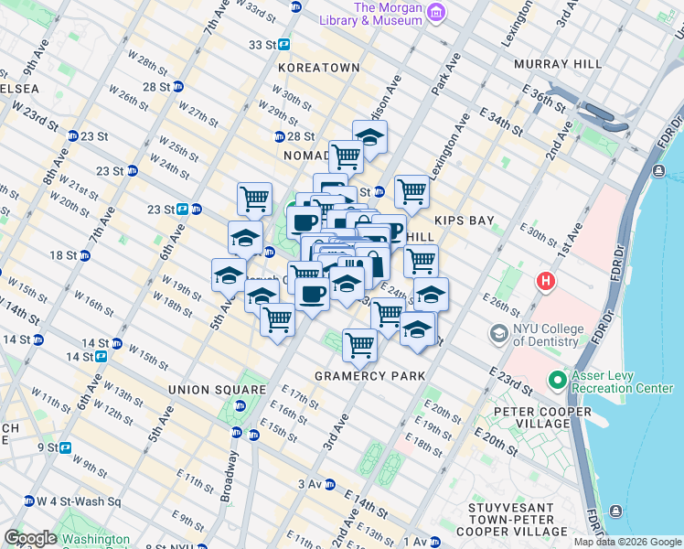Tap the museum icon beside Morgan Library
(436, 12)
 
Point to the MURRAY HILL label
(558, 64)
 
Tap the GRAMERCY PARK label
(369, 376)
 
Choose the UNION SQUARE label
(203, 390)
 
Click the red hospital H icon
(546, 281)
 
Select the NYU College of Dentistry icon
(499, 333)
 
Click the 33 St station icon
(284, 44)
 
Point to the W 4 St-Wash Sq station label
(78, 501)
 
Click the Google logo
(29, 538)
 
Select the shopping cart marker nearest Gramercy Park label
(359, 345)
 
